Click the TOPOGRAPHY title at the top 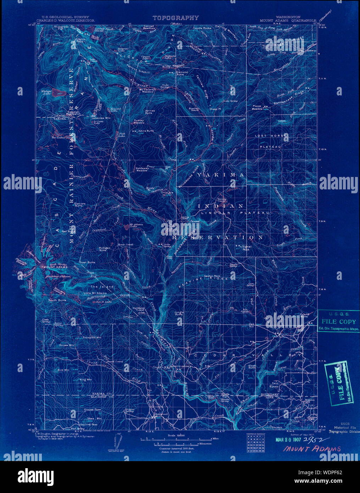coord(176,18)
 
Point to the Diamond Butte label coord(182,74)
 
